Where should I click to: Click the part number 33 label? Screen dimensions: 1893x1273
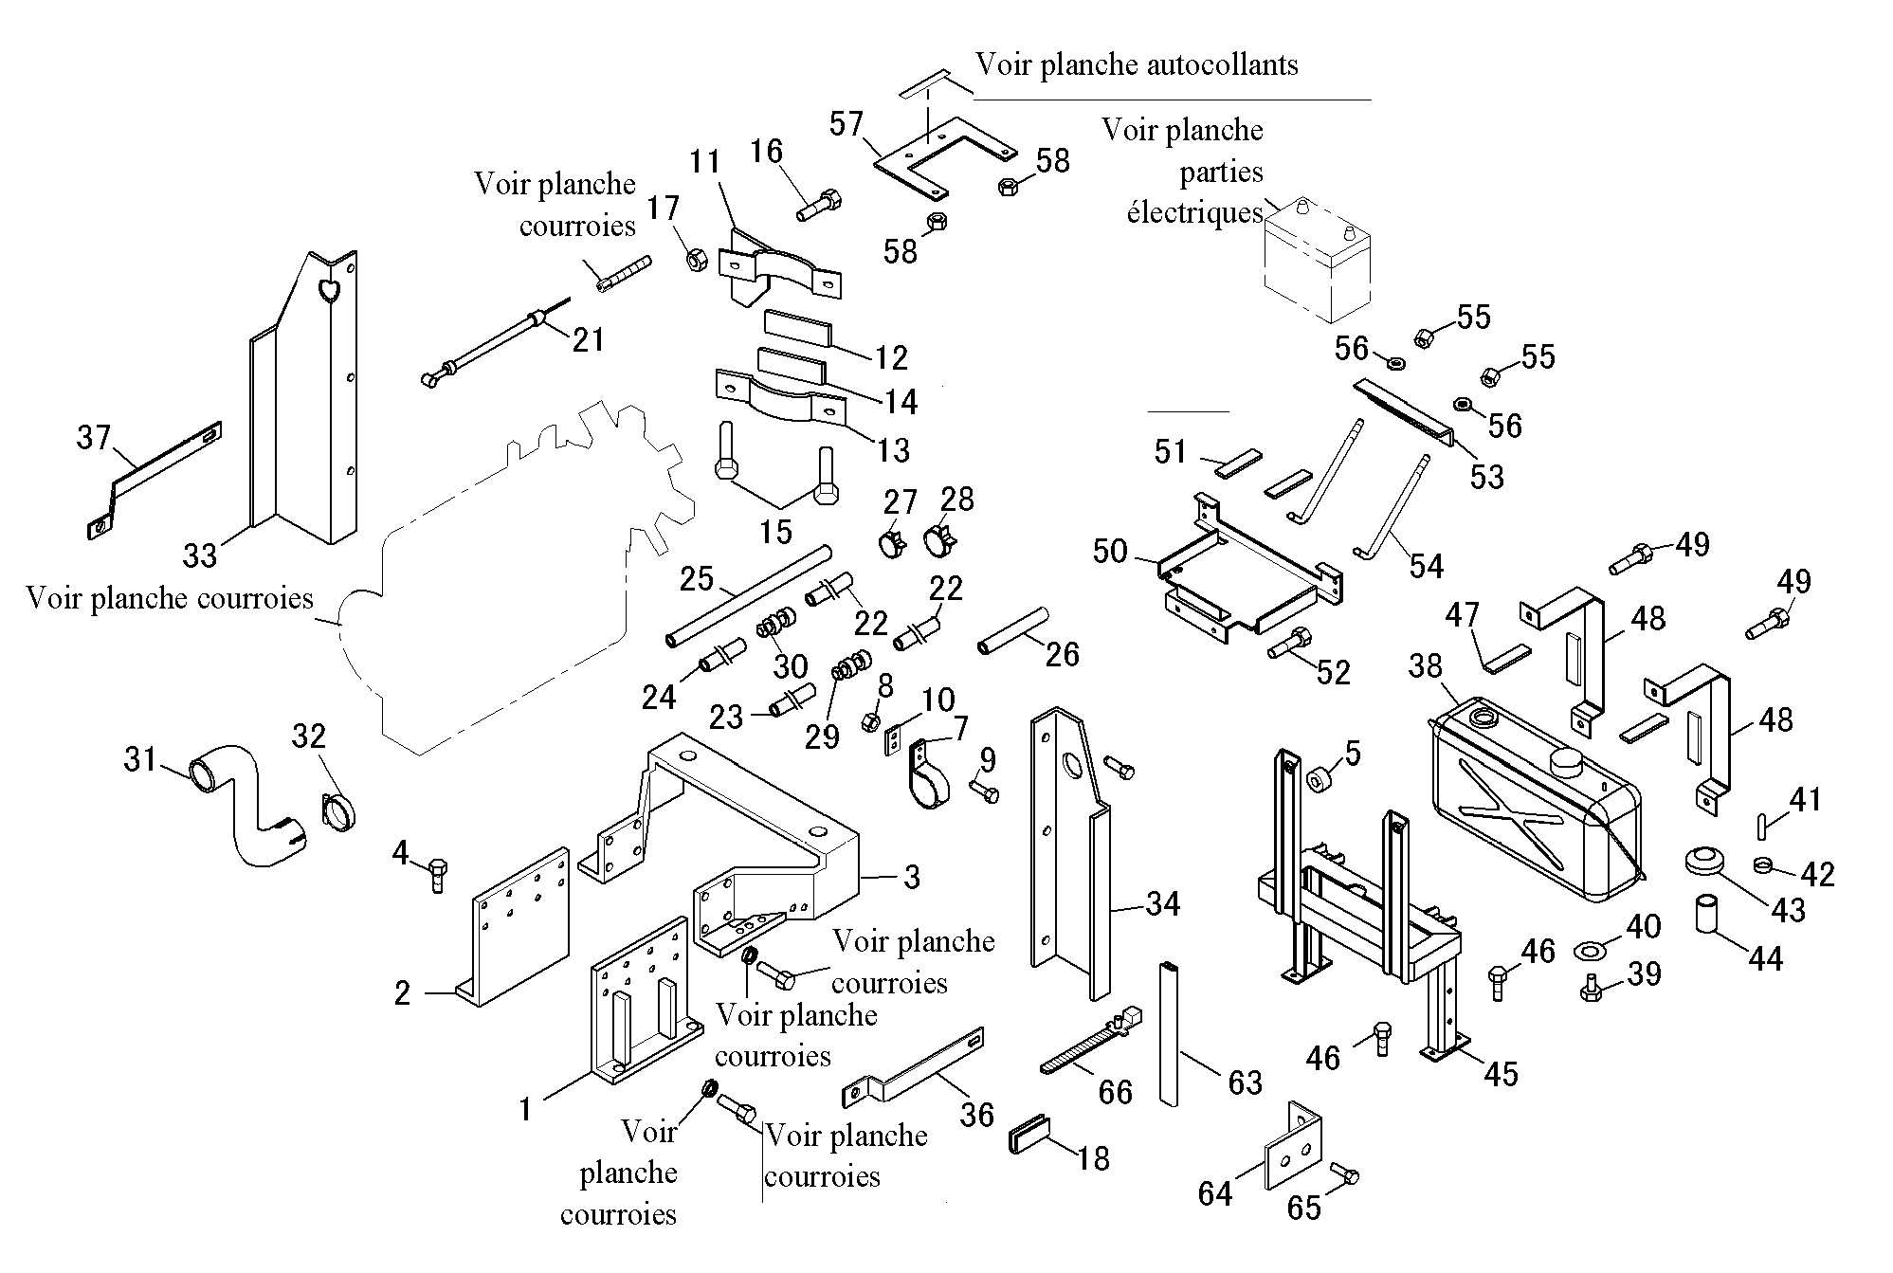pos(200,555)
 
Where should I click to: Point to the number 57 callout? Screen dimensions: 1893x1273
pos(846,123)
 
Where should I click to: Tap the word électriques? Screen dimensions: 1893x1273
pos(1194,212)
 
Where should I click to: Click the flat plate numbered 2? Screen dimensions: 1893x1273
pos(517,927)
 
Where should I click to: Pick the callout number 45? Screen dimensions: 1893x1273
pos(1501,1073)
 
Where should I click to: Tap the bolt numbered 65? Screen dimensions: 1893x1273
pos(1345,1173)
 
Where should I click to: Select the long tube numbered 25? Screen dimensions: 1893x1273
pos(750,595)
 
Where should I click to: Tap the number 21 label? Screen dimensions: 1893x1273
pos(589,338)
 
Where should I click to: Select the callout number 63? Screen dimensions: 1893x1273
pos(1245,1082)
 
